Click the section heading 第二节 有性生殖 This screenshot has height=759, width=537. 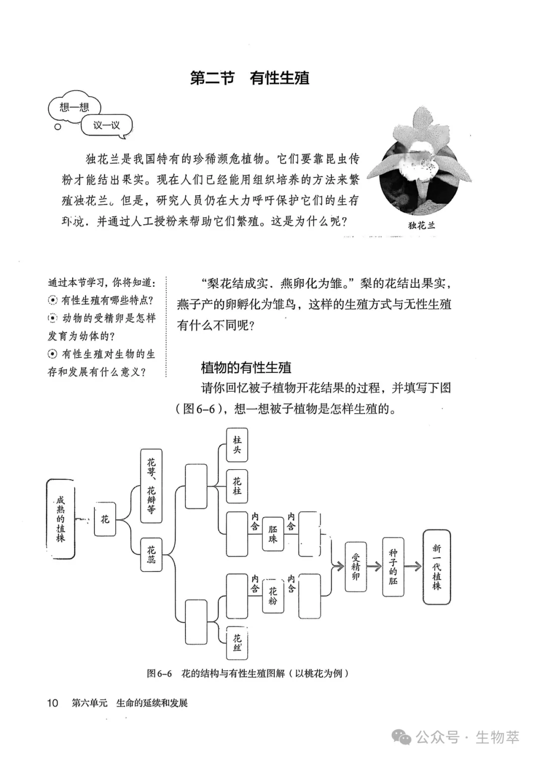pyautogui.click(x=250, y=78)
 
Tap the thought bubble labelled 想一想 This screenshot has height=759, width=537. pyautogui.click(x=74, y=107)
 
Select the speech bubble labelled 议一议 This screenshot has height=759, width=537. pyautogui.click(x=106, y=125)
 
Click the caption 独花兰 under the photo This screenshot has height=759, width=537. pyautogui.click(x=421, y=225)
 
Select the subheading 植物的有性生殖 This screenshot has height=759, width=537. pyautogui.click(x=246, y=368)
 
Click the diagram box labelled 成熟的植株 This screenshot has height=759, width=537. pyautogui.click(x=60, y=519)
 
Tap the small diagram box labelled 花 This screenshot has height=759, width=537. pyautogui.click(x=105, y=519)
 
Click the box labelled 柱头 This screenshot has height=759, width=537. pyautogui.click(x=237, y=445)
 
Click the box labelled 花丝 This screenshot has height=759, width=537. pyautogui.click(x=237, y=643)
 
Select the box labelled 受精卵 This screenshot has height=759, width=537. pyautogui.click(x=356, y=567)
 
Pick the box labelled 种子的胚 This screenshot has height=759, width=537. pyautogui.click(x=393, y=567)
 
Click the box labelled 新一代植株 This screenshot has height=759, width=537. pyautogui.click(x=437, y=567)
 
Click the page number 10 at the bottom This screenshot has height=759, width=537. pyautogui.click(x=52, y=703)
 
